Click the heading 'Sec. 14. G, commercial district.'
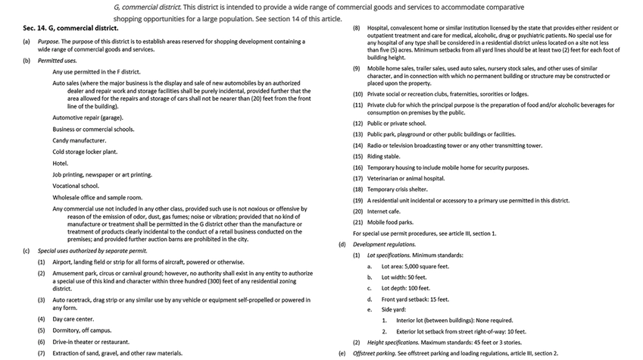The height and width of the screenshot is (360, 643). coord(70,28)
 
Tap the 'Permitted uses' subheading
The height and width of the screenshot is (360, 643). coord(59,60)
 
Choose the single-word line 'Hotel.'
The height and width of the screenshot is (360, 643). coord(60,163)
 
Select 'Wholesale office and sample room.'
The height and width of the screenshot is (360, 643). coord(97,197)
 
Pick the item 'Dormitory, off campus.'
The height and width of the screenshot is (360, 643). coord(82,330)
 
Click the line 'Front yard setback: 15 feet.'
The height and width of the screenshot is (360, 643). coord(415,299)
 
